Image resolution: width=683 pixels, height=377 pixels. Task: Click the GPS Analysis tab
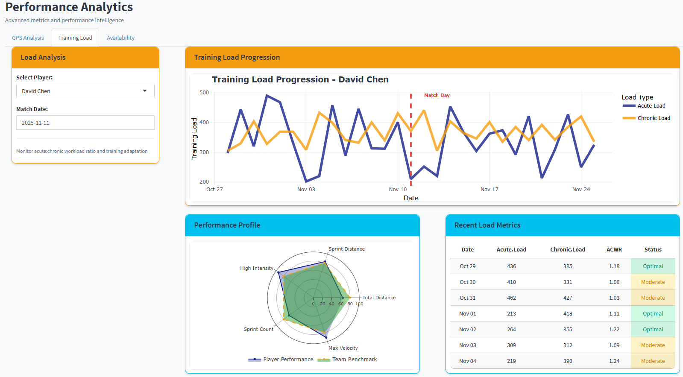[28, 38]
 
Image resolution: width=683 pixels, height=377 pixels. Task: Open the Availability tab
[120, 38]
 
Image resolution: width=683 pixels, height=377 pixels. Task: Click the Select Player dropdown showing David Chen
[85, 91]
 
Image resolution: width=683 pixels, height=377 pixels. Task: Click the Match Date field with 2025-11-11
[85, 123]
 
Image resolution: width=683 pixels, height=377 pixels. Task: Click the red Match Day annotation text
[437, 95]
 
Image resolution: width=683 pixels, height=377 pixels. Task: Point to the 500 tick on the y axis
[204, 93]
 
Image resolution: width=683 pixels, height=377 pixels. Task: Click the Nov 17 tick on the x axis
[489, 190]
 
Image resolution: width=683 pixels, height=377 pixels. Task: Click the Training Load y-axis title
[194, 139]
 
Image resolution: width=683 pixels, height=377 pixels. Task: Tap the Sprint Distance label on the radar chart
[346, 249]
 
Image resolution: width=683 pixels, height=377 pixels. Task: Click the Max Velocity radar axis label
[343, 348]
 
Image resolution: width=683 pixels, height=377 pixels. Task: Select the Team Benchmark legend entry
[354, 359]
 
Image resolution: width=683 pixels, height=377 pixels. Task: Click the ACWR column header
[614, 250]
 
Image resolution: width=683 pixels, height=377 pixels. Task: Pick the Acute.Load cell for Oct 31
[511, 298]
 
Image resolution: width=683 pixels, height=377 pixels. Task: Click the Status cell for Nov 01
[653, 314]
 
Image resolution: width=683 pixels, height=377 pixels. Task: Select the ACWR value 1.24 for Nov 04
[614, 361]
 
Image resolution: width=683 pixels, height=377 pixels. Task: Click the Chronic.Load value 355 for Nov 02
[567, 330]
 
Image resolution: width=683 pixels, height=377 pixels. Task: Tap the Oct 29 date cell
[467, 266]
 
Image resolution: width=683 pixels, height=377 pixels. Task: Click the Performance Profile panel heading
[227, 225]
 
